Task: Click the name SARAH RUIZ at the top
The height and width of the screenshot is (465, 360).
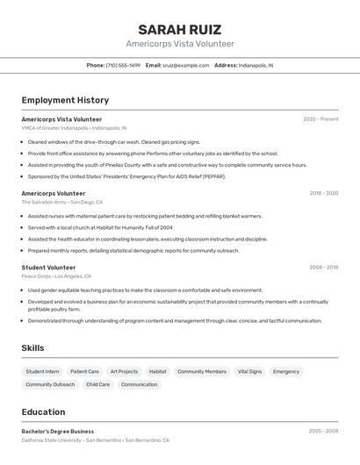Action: click(x=179, y=29)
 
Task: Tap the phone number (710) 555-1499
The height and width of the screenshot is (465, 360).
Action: click(x=123, y=65)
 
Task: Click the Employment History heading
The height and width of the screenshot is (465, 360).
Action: click(x=65, y=100)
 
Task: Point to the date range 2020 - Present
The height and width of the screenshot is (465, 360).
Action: click(x=320, y=118)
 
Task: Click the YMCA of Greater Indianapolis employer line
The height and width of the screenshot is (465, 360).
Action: click(x=74, y=127)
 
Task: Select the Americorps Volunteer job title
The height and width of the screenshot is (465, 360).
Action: click(x=54, y=193)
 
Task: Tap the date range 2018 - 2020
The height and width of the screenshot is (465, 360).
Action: click(x=323, y=193)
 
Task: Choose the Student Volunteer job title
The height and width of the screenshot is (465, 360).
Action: click(x=48, y=267)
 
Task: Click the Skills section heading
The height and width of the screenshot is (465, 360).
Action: click(x=32, y=348)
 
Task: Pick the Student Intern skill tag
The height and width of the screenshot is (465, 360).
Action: click(x=42, y=371)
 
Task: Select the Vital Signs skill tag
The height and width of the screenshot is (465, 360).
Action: click(x=249, y=371)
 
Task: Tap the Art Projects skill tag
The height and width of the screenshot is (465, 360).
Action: click(x=124, y=371)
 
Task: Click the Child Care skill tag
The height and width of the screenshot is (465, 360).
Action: click(x=97, y=384)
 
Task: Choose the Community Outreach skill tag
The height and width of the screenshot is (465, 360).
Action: click(x=50, y=384)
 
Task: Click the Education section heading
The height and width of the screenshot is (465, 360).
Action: click(x=43, y=411)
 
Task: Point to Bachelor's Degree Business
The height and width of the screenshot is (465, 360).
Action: click(x=58, y=431)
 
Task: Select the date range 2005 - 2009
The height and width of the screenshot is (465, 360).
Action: click(x=323, y=431)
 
